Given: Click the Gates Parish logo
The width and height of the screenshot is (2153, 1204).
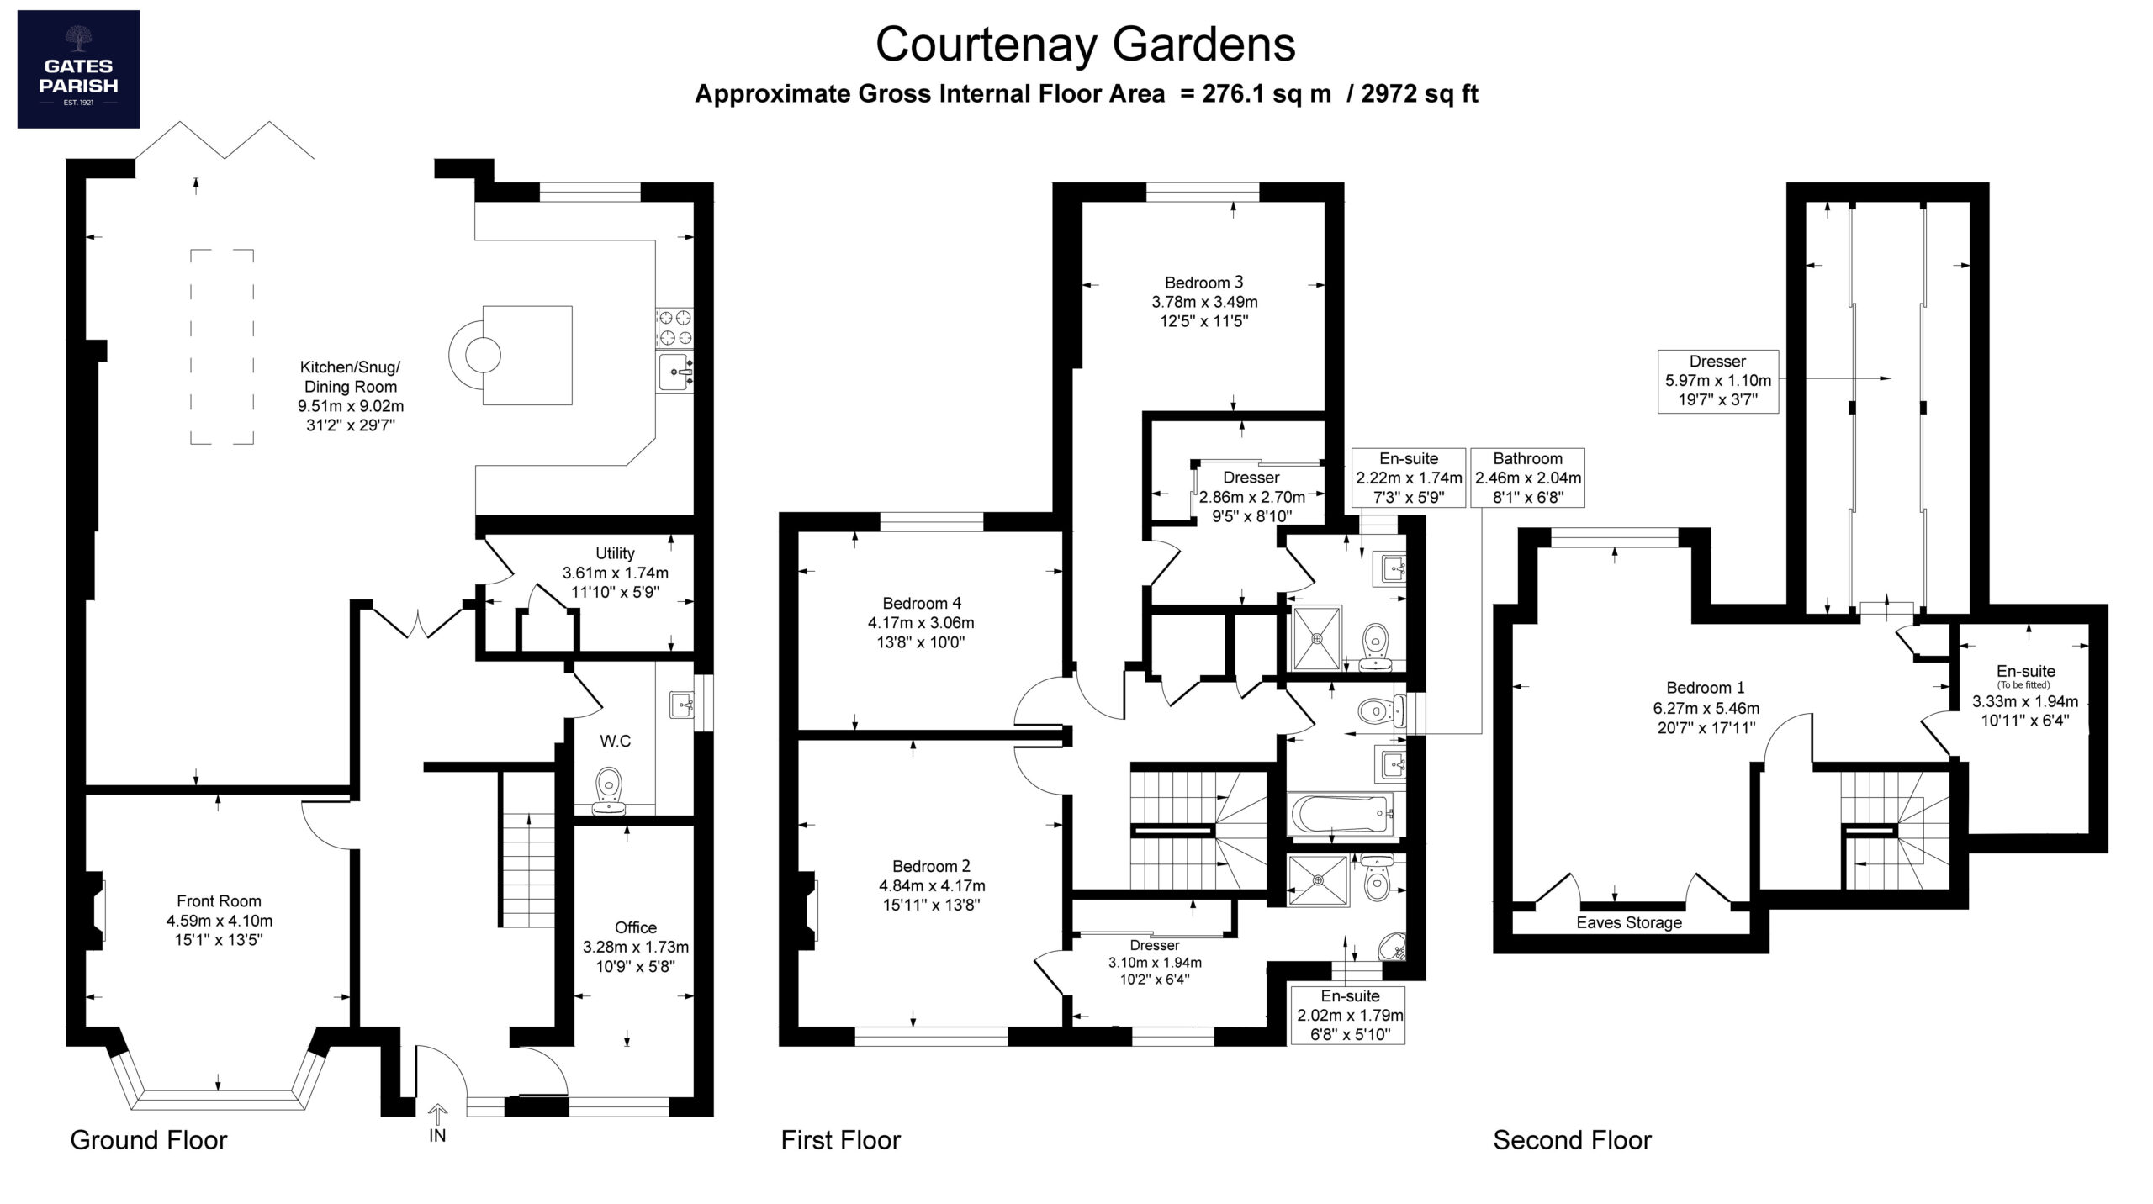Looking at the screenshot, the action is pos(78,69).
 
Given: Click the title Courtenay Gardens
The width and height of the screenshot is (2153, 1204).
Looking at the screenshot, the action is pos(1085,44).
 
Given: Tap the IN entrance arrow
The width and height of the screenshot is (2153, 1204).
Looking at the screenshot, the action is pos(437,1116).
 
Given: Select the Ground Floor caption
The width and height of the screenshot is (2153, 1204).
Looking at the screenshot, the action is pos(149,1140).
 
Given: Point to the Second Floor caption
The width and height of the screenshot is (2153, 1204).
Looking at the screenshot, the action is pos(1572,1140).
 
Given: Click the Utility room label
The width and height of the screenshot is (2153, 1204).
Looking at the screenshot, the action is pos(615,553).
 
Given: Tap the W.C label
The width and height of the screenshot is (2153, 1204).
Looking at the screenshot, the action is pos(615,741).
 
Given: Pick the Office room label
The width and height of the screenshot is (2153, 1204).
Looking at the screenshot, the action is pos(636,927).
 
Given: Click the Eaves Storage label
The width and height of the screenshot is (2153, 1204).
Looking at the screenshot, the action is pos(1629,922).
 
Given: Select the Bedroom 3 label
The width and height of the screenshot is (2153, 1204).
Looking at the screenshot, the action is pos(1204,283).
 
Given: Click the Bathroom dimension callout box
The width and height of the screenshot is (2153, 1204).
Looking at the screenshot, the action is pos(1528,478).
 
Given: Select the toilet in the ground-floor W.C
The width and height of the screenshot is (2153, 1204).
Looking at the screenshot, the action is pos(609,791).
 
